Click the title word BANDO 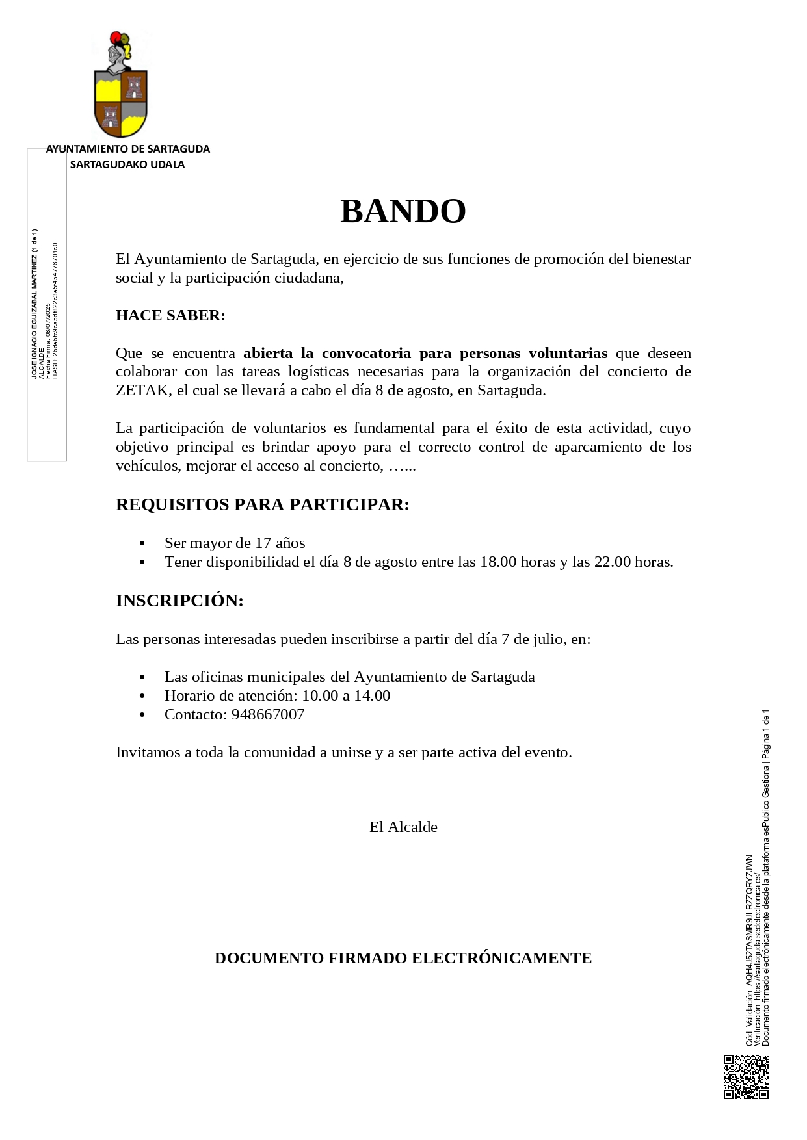[403, 211]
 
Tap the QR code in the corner [746, 1077]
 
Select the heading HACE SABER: [170, 316]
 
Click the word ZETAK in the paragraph [142, 391]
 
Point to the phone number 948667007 [268, 715]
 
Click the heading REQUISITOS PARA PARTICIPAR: [262, 505]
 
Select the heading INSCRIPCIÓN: [179, 601]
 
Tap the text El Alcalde [403, 827]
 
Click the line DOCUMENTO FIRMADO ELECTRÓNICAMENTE [403, 959]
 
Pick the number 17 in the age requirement [263, 543]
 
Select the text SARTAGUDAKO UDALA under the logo [127, 165]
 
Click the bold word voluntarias [568, 354]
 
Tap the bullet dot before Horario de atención [143, 696]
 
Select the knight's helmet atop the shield [117, 53]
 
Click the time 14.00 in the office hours [372, 696]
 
